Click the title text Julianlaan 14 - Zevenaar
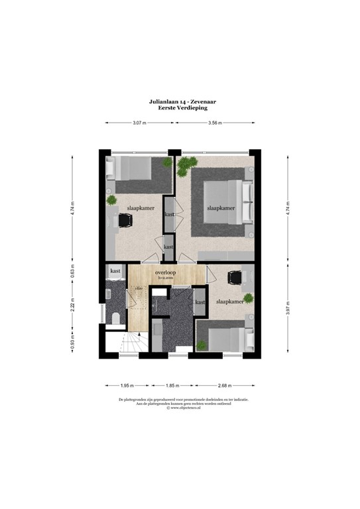point(179,101)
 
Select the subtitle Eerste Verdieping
point(179,107)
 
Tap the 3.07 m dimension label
point(139,123)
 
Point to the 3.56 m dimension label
point(214,123)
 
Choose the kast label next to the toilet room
point(115,271)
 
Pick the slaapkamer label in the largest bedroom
point(221,207)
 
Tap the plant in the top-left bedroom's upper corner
point(168,162)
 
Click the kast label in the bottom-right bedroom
point(200,302)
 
